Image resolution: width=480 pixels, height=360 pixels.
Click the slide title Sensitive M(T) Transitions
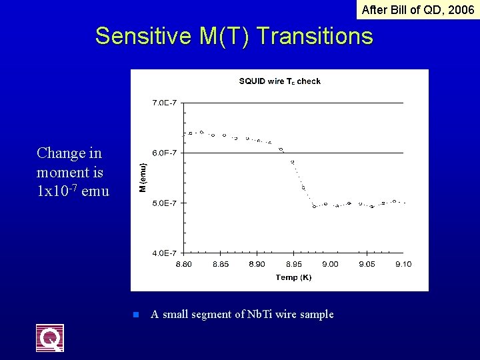coord(234,36)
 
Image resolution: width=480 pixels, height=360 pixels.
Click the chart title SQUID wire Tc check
coord(279,81)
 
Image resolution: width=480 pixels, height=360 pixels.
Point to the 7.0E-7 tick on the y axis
coord(164,103)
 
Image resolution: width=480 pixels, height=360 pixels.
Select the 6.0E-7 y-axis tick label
coord(164,153)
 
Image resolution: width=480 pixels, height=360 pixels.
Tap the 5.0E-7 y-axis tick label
coord(164,203)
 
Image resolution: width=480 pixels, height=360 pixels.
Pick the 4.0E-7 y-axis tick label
coord(164,253)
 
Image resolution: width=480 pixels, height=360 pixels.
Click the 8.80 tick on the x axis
coord(183,264)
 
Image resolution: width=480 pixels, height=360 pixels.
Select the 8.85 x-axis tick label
coord(220,264)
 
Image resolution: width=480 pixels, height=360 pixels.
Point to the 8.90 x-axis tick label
coord(257,264)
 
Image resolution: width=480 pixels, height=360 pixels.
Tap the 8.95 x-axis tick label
coord(293,264)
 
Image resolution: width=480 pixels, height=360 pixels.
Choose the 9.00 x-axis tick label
coord(330,264)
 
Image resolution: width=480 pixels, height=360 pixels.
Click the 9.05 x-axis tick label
coord(367,264)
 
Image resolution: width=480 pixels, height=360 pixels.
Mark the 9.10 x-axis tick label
coord(403,264)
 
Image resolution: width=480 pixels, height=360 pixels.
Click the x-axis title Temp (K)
coord(293,277)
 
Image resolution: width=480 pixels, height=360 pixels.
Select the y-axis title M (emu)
coord(142,178)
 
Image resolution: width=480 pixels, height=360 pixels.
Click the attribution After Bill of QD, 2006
coord(417,9)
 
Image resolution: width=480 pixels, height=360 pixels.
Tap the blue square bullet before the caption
coord(135,315)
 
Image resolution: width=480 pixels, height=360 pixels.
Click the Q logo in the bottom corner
coord(50,338)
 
